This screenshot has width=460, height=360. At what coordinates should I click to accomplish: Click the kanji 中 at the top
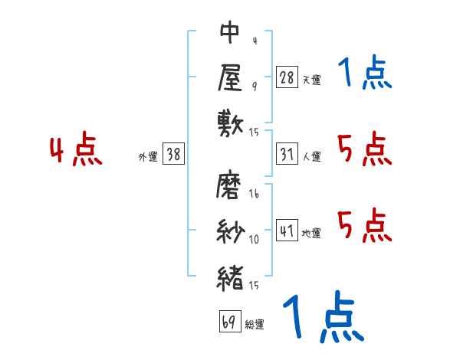230,31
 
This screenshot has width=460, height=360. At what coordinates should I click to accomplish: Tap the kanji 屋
230,77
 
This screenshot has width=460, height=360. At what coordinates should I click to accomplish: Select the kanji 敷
231,123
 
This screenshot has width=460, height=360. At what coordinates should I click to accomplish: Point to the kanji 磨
228,185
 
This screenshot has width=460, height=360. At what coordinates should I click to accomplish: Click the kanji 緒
231,278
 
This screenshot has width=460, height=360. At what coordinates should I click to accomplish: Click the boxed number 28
287,77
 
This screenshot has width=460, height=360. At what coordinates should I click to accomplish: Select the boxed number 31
287,154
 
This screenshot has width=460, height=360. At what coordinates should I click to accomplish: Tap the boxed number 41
287,230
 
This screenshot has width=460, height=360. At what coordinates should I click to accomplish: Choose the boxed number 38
173,153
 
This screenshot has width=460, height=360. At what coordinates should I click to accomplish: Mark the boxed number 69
230,321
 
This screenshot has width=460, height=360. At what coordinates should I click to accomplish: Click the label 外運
148,157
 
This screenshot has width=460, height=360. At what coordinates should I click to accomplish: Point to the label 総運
254,324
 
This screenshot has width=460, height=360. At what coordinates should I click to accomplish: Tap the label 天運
311,80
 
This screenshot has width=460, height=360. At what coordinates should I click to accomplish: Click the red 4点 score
76,149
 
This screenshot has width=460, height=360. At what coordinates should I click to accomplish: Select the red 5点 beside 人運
364,149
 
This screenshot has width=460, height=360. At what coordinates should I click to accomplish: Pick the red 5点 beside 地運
364,225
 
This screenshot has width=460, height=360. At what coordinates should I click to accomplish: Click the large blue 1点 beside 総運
324,316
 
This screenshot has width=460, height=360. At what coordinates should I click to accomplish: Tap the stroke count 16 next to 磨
254,194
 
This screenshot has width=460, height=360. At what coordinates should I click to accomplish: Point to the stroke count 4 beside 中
255,41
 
